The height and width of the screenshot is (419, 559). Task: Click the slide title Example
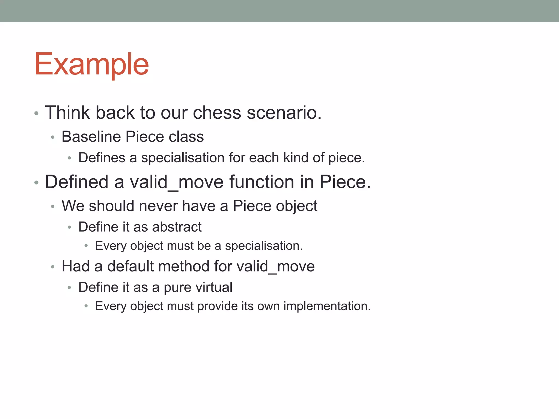91,64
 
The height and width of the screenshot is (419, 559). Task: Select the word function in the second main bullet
261,182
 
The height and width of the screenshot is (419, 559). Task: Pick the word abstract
177,227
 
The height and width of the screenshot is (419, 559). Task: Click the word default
130,266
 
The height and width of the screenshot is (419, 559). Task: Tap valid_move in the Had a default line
275,266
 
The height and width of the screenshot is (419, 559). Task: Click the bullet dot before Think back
36,113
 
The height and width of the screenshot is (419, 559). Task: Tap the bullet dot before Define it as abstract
69,227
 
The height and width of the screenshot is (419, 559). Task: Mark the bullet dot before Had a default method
53,267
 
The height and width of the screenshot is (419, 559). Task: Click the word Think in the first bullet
67,112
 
